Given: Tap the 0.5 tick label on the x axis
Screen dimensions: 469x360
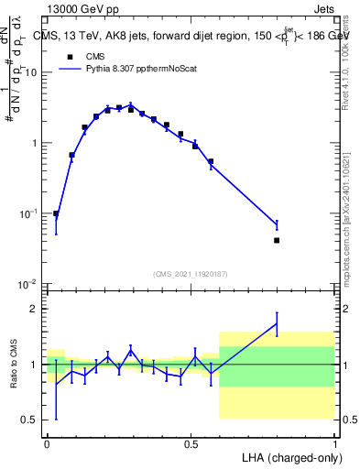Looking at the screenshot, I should (x=191, y=444).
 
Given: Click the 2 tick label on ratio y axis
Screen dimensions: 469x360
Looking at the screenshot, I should (x=35, y=309).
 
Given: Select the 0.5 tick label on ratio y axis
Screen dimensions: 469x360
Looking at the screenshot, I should (x=31, y=420).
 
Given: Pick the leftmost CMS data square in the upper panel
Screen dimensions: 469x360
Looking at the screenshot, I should (x=56, y=213).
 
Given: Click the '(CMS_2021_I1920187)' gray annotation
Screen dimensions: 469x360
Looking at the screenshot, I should (x=191, y=274).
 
